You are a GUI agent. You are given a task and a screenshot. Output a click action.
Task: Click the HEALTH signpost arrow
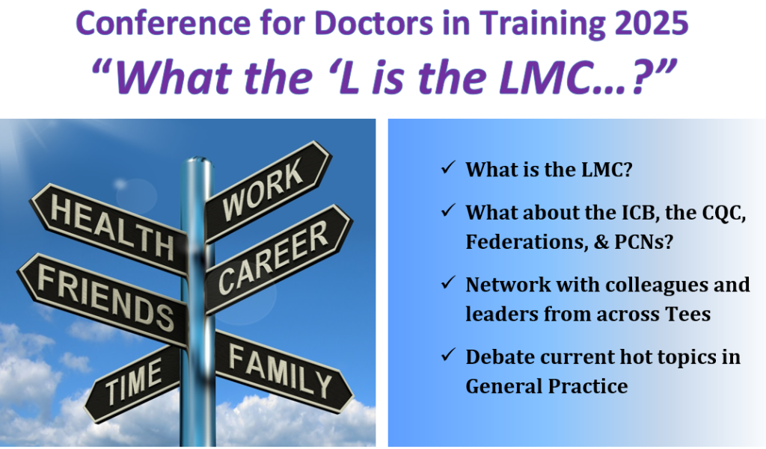pos(108,228)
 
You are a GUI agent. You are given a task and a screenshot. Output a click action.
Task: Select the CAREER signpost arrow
pos(278,258)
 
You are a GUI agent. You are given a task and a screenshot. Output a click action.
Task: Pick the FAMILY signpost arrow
pos(284,371)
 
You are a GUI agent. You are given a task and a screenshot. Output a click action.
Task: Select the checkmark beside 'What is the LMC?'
pos(448,168)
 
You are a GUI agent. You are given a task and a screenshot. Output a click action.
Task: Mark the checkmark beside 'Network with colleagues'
pos(448,283)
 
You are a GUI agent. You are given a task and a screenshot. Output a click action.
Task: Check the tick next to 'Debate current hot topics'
pos(448,356)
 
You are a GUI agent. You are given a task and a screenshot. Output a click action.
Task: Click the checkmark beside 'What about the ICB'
pos(448,211)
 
